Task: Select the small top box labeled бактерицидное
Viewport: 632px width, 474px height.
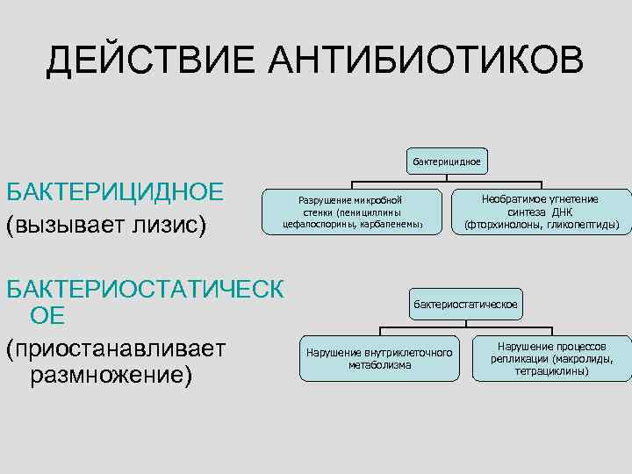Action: point(446,162)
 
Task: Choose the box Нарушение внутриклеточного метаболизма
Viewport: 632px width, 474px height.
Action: point(379,358)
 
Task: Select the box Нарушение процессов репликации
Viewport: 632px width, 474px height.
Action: point(551,358)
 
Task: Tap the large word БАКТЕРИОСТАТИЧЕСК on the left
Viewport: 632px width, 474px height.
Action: point(145,289)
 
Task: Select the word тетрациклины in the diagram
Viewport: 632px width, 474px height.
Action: point(552,370)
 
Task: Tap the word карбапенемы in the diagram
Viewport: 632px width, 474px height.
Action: point(387,224)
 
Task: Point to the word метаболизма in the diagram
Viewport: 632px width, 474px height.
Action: point(379,364)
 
